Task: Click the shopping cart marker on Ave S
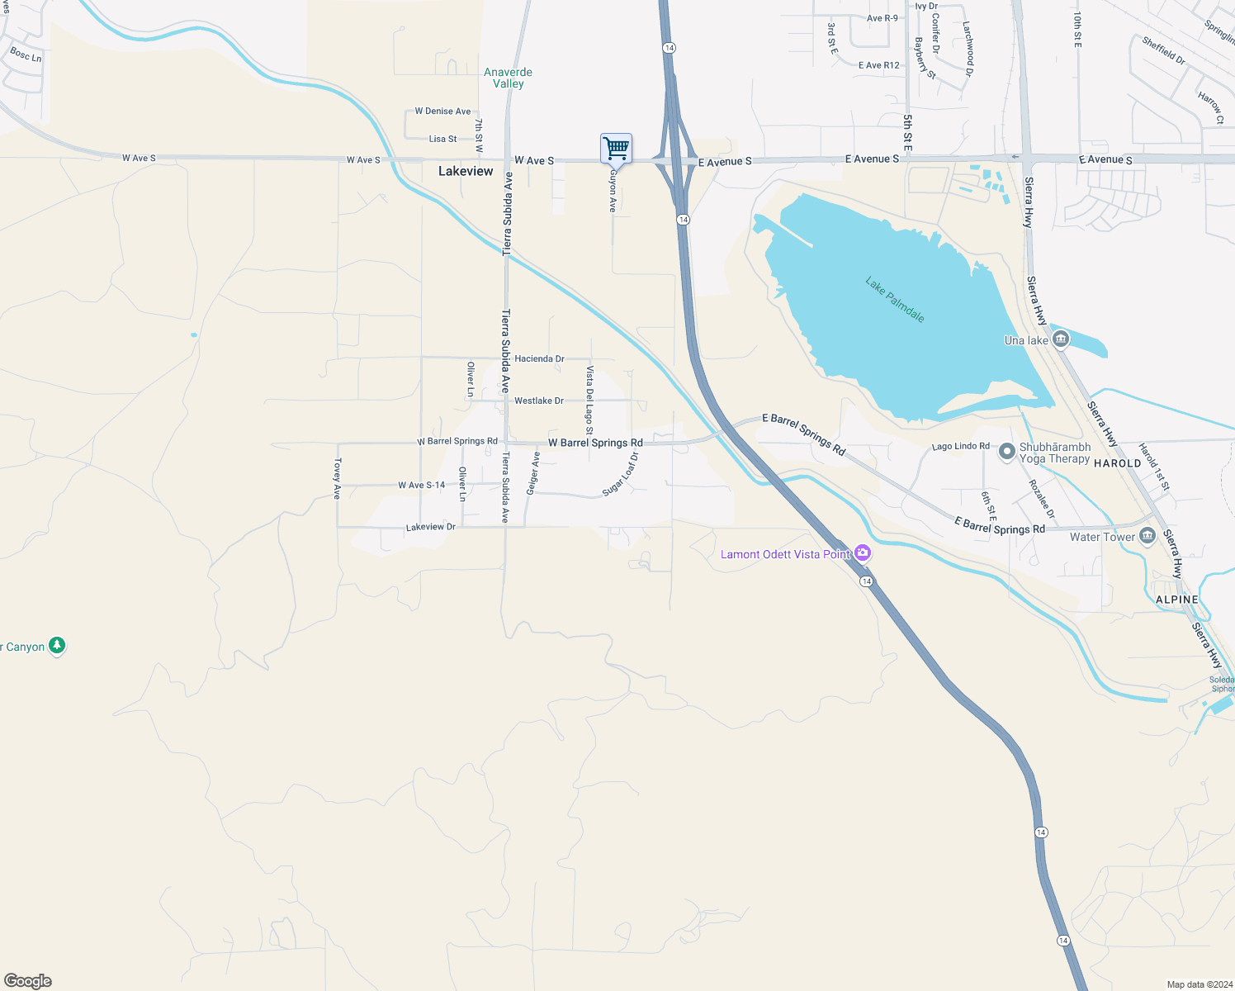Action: (616, 149)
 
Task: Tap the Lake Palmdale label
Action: (894, 299)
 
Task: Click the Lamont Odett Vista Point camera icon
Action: (863, 553)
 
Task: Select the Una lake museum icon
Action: (1062, 339)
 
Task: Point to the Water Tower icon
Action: (1147, 537)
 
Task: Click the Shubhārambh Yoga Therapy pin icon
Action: (1007, 452)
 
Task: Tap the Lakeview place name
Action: (466, 171)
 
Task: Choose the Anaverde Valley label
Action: (508, 78)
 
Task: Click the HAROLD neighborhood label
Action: (1117, 463)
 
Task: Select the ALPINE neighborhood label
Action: (1176, 600)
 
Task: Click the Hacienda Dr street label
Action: (539, 358)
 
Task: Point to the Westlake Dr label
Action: (538, 401)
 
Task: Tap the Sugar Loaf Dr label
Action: (621, 474)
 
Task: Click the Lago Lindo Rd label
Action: (960, 446)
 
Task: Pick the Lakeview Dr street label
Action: (430, 527)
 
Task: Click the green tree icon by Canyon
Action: (57, 645)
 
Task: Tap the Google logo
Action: (28, 981)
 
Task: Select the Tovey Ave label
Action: (337, 479)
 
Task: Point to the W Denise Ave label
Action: (442, 111)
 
